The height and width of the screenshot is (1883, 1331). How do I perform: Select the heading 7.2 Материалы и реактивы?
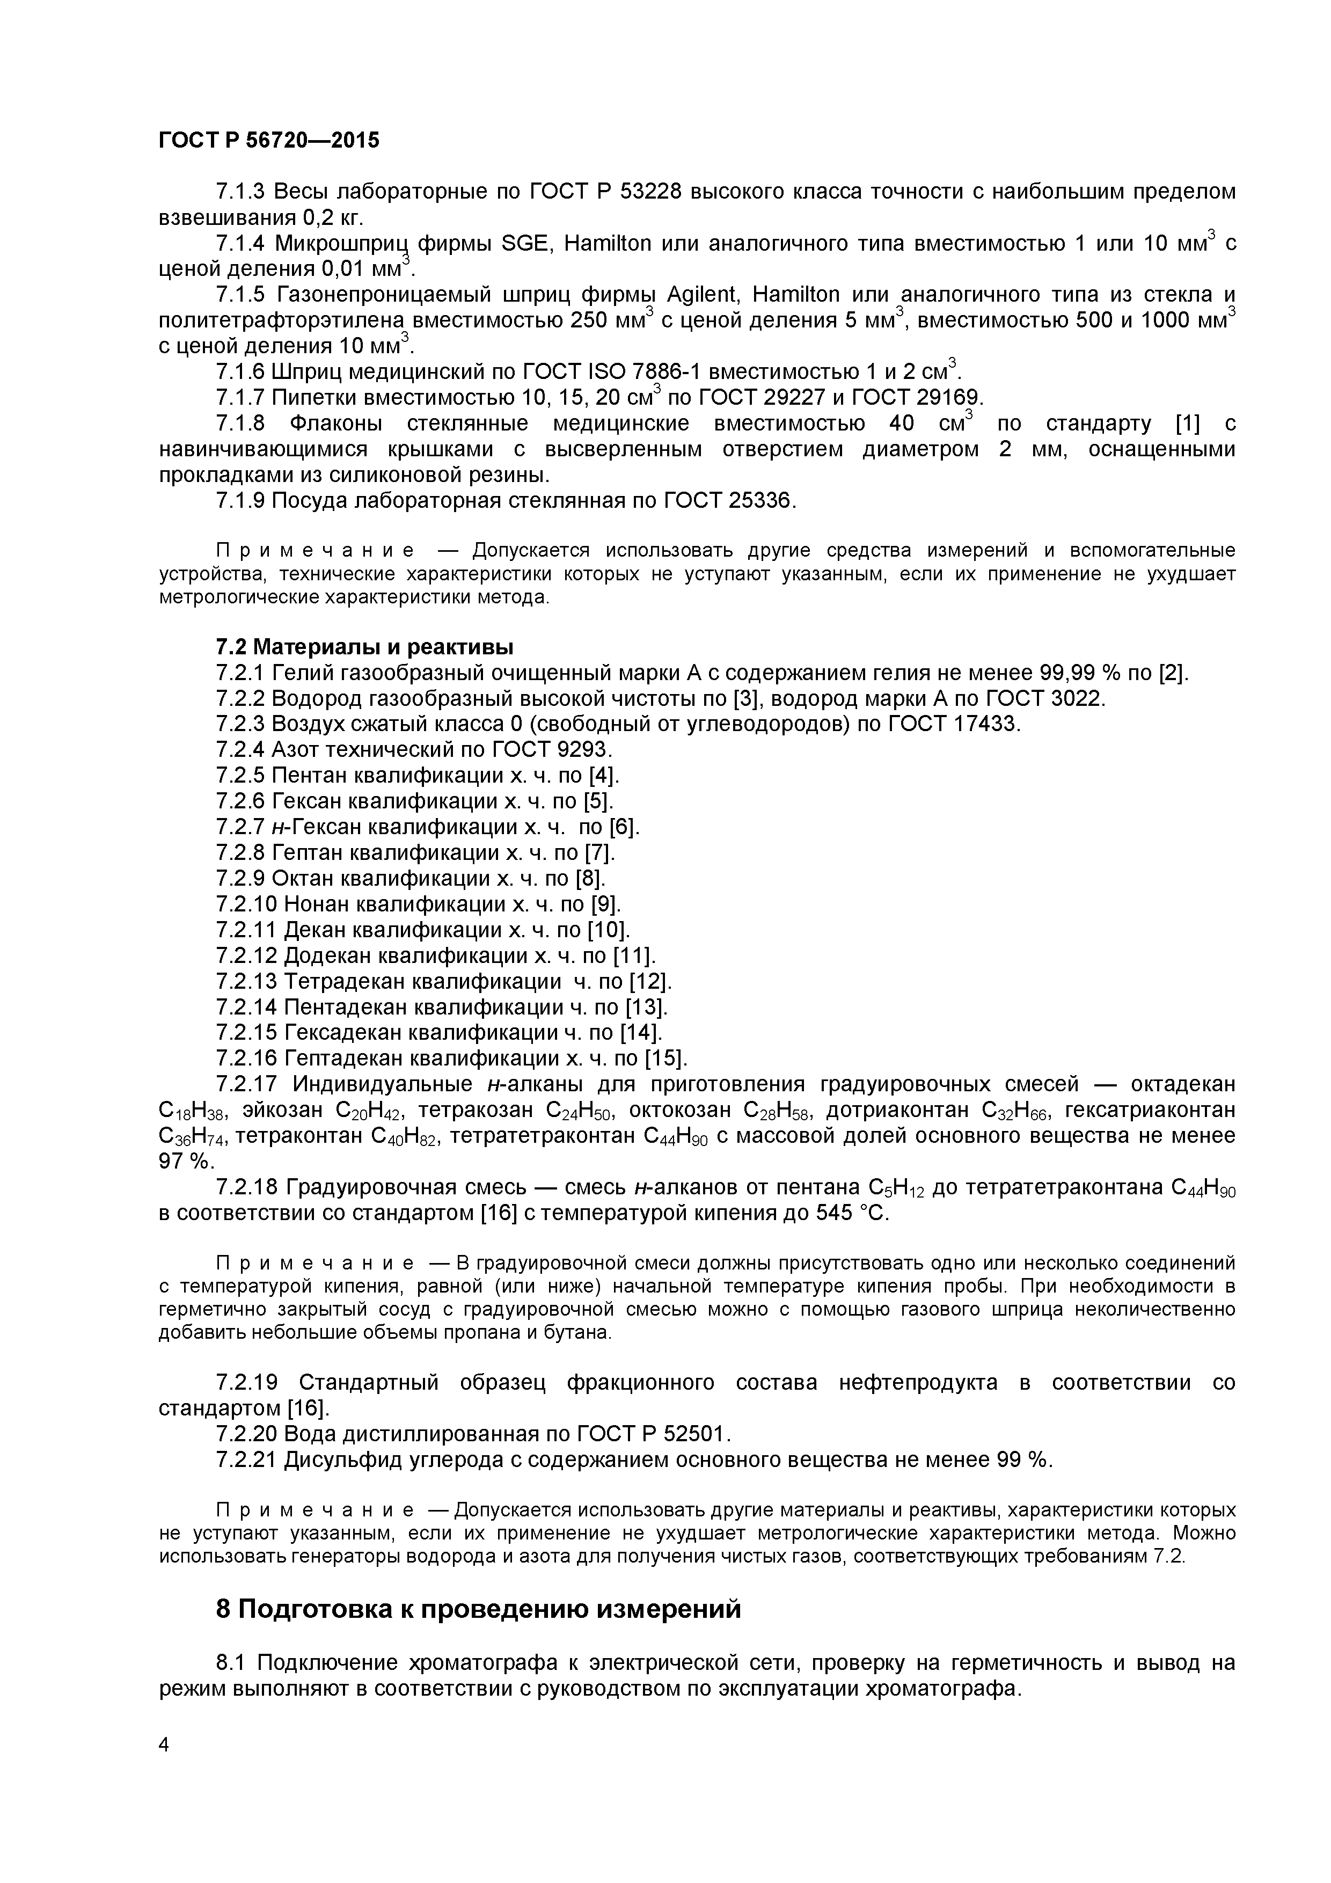[x=364, y=647]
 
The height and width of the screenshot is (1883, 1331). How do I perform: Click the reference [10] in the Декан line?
[x=608, y=930]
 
